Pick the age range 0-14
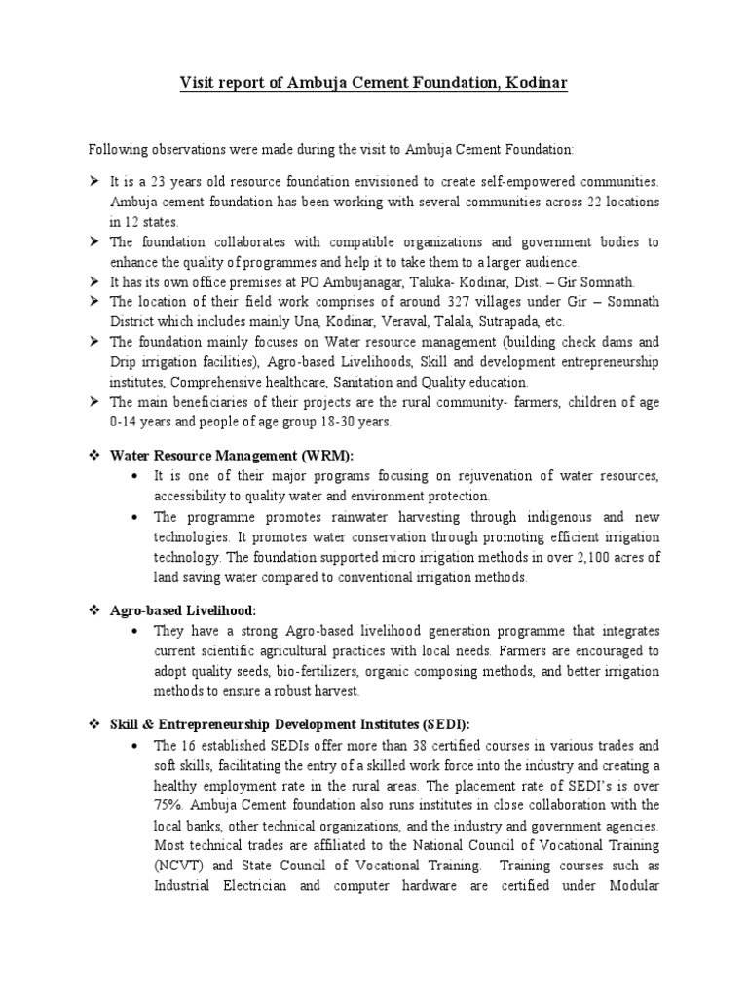click(x=125, y=422)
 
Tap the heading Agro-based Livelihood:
click(x=183, y=609)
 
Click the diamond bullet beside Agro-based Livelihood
click(x=95, y=609)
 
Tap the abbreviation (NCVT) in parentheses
click(x=179, y=864)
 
